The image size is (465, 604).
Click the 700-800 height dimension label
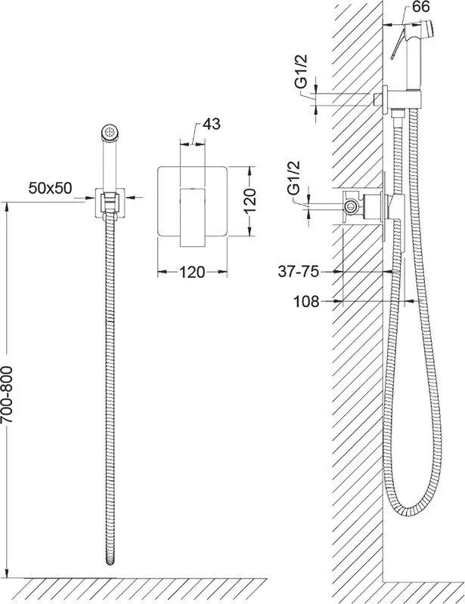pos(8,395)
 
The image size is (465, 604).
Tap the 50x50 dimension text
pos(50,188)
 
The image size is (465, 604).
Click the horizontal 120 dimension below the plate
pos(192,273)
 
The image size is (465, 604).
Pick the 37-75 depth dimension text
pos(299,272)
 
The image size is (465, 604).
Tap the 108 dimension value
pos(307,301)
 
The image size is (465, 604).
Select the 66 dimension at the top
pos(420,7)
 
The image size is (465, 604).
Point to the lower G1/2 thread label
pos(295,179)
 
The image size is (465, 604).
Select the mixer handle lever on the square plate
pos(192,217)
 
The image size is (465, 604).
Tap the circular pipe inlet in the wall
pos(351,205)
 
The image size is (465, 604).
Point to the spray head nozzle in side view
pos(429,29)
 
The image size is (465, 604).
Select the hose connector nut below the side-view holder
pos(398,113)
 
